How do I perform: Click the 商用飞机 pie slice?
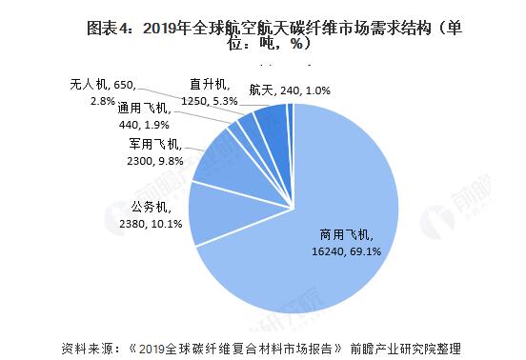(314, 238)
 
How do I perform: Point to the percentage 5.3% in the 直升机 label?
(226, 100)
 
